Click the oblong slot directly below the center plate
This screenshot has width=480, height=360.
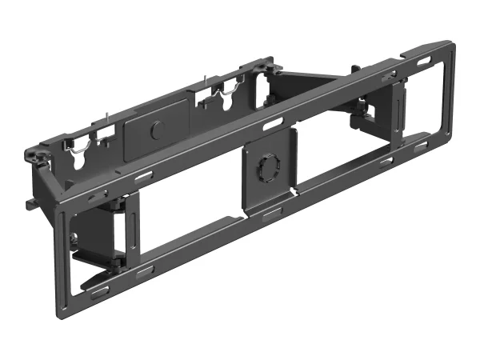[271, 212]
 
